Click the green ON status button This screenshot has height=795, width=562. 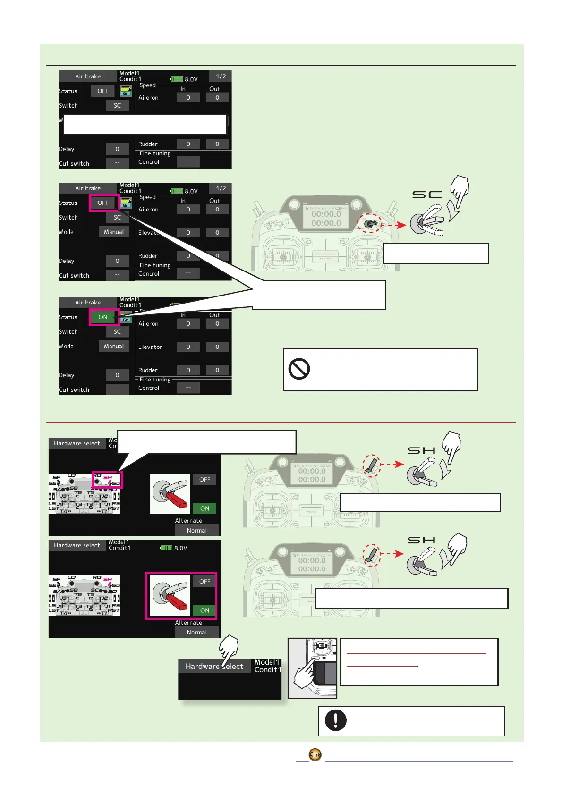[103, 317]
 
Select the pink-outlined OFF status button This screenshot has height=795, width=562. [103, 203]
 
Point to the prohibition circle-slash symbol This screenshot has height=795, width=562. [299, 369]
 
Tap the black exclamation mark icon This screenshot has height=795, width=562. [335, 720]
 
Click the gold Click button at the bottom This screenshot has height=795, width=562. [315, 754]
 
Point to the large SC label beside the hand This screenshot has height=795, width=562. [427, 195]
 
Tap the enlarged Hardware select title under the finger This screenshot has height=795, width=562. [214, 666]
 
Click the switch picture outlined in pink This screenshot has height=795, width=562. [170, 596]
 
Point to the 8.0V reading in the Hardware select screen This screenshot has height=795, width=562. [180, 548]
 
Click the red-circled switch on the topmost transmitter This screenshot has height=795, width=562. [371, 223]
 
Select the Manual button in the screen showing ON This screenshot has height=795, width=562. [114, 347]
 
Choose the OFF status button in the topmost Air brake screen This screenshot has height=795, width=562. [103, 91]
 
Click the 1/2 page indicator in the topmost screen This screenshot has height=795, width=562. [221, 76]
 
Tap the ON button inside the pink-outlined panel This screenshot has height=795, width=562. [204, 610]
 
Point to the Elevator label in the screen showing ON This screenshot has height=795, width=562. [150, 347]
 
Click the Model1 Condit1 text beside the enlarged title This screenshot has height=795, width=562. [267, 666]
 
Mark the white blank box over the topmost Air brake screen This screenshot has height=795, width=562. [145, 125]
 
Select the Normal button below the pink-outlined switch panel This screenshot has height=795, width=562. [196, 633]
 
